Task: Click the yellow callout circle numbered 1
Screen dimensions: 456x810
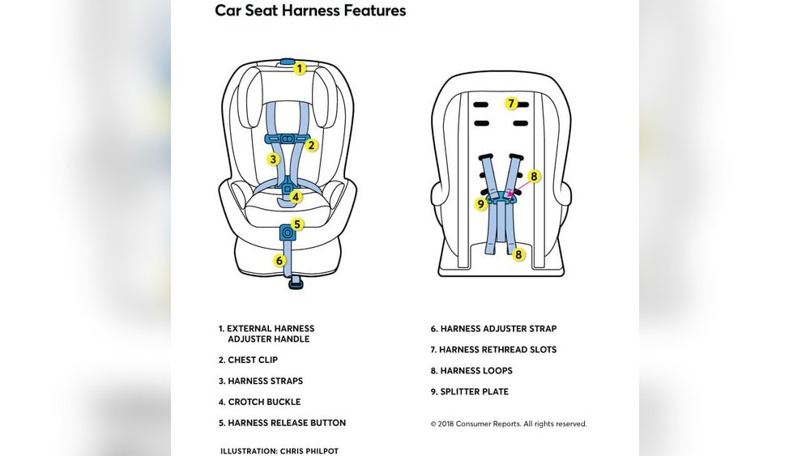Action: point(300,69)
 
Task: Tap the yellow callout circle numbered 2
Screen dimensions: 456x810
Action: point(311,146)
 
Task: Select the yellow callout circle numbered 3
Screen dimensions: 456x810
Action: point(274,160)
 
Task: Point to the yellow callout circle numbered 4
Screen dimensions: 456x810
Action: point(296,196)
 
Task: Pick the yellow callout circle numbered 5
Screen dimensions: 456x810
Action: point(297,224)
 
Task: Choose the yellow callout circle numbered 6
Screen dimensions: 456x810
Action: point(279,261)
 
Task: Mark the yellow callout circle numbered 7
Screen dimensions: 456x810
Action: point(511,103)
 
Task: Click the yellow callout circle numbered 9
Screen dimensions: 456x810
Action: point(481,204)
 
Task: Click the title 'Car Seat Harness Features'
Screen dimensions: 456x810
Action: point(310,11)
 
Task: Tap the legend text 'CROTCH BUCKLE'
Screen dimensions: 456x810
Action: point(264,402)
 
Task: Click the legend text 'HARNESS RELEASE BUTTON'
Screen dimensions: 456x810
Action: point(287,423)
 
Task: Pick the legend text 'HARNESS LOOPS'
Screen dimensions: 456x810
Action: point(476,371)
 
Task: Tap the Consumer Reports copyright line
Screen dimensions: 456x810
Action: point(509,424)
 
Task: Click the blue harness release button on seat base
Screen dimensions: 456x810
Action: point(287,232)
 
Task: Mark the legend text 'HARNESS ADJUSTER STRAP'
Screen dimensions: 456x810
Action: point(498,329)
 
